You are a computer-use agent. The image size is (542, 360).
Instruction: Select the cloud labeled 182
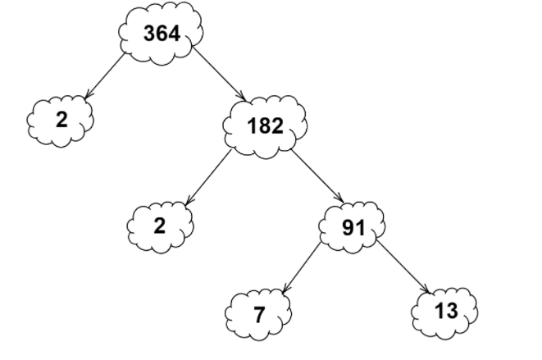coord(265,125)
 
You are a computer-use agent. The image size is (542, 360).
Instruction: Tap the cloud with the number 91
coord(353,227)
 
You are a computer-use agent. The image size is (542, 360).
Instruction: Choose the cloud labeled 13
coord(445,312)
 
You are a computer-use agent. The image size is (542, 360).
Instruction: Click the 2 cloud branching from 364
coord(61,121)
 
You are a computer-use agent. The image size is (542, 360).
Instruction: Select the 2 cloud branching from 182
coord(160,226)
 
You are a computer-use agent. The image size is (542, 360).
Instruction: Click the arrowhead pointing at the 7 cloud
coord(285,290)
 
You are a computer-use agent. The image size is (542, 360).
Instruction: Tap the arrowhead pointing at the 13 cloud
coord(429,289)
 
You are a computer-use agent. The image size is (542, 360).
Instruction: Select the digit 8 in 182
coord(265,125)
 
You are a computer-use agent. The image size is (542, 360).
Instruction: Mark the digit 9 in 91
coord(348,227)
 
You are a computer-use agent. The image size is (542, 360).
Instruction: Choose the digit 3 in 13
coord(452,311)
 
